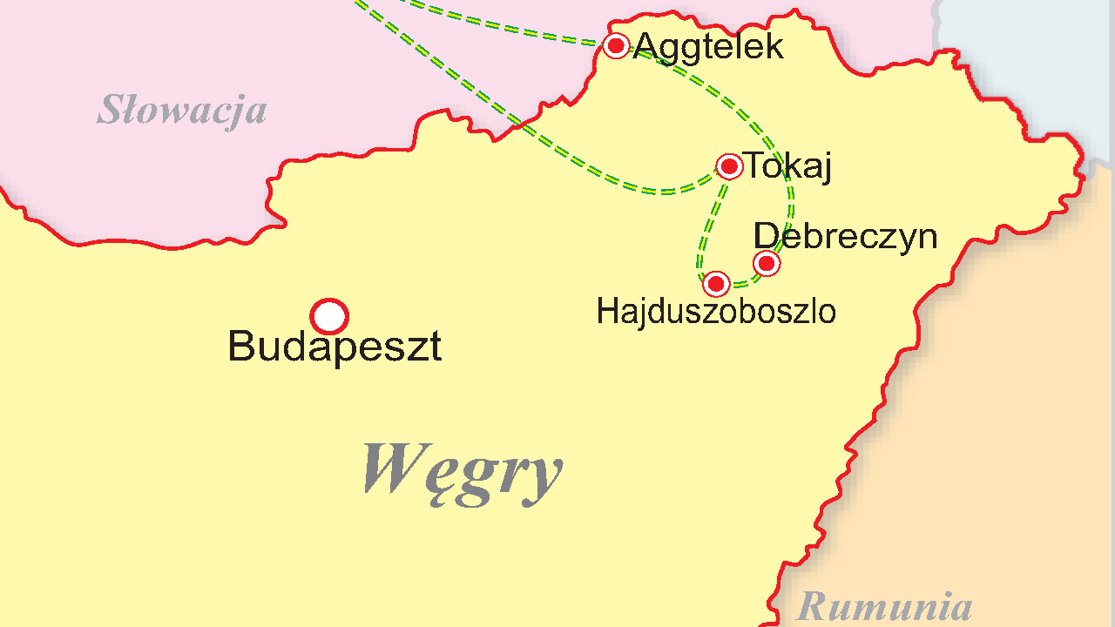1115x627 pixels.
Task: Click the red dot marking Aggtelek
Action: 616,45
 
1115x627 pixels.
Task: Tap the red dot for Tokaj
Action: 729,166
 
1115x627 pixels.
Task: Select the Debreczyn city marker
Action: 767,263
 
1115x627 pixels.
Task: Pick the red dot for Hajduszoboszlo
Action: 716,284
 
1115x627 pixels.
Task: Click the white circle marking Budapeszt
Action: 329,317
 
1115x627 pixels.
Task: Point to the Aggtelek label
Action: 709,46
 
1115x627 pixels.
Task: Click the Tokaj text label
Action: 787,166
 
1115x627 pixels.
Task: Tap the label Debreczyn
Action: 845,236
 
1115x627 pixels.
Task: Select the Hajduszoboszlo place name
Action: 716,312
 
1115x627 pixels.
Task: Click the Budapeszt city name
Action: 334,347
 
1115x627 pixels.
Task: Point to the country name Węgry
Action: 462,470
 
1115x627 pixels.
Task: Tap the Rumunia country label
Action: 884,606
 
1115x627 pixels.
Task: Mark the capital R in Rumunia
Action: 811,606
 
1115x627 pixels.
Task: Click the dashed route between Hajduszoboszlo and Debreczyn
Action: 743,281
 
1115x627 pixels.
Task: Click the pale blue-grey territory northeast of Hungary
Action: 1028,52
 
